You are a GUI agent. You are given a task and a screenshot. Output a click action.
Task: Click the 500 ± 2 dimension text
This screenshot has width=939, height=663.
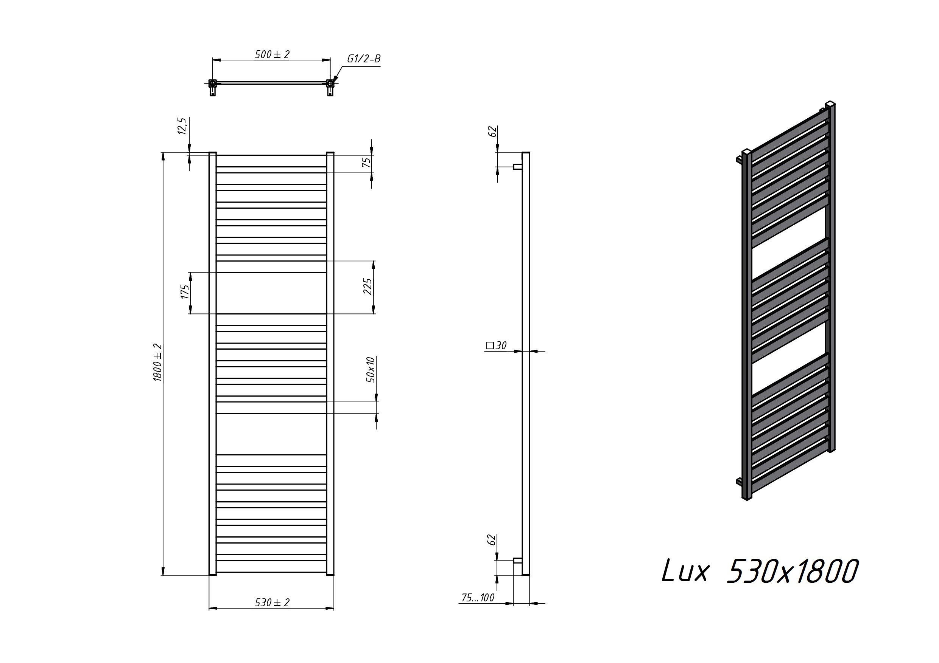tap(272, 54)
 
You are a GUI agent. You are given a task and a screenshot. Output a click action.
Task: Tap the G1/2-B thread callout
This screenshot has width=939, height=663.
tap(364, 59)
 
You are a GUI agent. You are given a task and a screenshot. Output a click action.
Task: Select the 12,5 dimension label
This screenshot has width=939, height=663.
tap(182, 126)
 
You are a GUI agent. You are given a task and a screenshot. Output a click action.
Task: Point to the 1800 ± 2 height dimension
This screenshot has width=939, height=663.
tap(158, 363)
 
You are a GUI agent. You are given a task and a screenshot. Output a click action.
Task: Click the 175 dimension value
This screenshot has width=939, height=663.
tap(185, 292)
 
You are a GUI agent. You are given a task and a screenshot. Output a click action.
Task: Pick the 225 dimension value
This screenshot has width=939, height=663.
tap(368, 287)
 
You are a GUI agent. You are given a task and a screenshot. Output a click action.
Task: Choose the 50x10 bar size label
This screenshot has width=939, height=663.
tap(371, 369)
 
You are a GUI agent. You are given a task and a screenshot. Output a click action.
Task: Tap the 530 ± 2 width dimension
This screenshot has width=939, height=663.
tap(272, 603)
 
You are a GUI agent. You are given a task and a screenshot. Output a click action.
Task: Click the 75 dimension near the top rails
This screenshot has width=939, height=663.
tap(367, 162)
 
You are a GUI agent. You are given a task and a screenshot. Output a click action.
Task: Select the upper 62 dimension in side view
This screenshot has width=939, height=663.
tap(493, 132)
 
